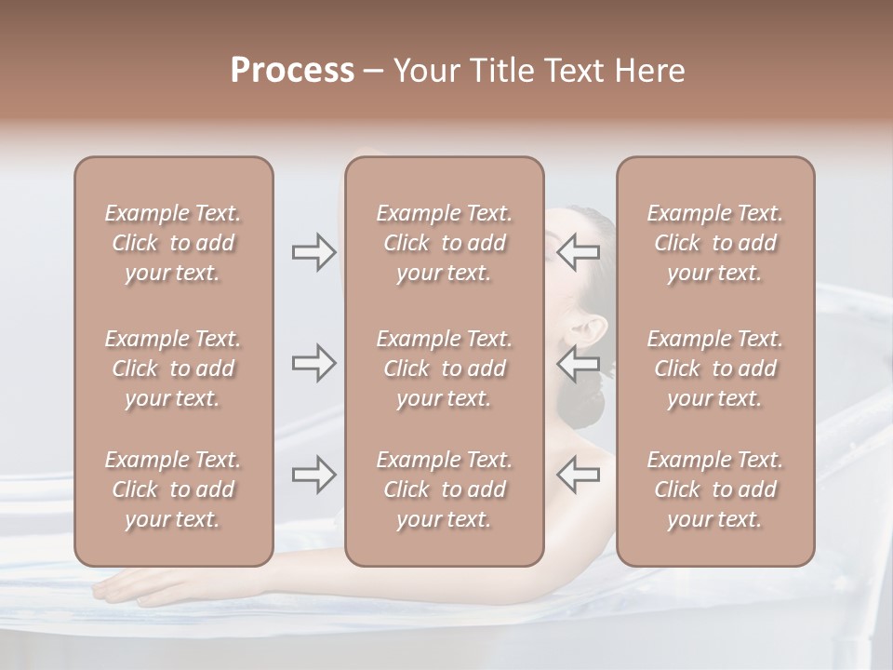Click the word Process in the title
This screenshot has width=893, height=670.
pos(292,71)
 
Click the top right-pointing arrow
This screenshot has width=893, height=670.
pos(313,252)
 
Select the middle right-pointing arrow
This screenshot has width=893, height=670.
pos(313,363)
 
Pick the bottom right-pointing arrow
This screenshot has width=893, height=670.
pos(313,475)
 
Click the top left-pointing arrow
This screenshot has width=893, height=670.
pos(578,252)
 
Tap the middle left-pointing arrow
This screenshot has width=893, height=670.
pos(578,363)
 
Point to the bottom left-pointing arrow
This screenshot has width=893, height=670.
pos(578,475)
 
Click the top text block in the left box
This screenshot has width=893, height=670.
pos(173,243)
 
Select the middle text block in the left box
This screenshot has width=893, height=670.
pos(173,368)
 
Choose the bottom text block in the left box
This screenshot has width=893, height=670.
pos(173,489)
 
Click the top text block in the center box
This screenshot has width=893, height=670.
pos(444,243)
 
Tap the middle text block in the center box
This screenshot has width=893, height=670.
pos(444,368)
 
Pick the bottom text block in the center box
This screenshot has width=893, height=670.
pos(444,489)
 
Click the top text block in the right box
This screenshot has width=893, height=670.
pos(714,243)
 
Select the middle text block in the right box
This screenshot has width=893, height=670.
pos(714,368)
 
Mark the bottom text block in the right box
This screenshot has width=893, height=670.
pos(714,489)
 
